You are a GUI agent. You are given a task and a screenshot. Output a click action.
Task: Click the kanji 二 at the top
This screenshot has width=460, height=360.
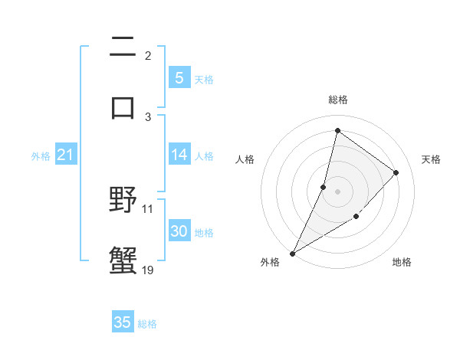pyautogui.click(x=123, y=48)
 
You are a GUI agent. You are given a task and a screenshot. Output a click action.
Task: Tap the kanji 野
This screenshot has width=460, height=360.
pyautogui.click(x=123, y=201)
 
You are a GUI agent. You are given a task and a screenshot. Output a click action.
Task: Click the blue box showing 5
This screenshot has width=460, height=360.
pyautogui.click(x=179, y=78)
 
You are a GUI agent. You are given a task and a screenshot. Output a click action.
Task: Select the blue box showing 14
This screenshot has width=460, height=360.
pyautogui.click(x=179, y=155)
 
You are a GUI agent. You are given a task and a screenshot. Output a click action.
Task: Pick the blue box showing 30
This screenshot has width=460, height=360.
pyautogui.click(x=179, y=231)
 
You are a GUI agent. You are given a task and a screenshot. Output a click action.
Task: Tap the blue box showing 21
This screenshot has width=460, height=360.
pyautogui.click(x=65, y=155)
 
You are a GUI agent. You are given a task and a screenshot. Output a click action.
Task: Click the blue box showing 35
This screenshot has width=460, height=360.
pyautogui.click(x=123, y=322)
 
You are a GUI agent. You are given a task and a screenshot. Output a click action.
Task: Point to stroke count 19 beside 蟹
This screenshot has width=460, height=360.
pyautogui.click(x=148, y=270)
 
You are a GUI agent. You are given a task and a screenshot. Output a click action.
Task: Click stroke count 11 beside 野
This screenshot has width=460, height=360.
pyautogui.click(x=148, y=208)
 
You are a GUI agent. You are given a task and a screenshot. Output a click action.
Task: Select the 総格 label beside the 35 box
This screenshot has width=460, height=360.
pyautogui.click(x=147, y=324)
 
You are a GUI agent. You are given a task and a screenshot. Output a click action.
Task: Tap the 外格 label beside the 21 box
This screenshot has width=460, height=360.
pyautogui.click(x=41, y=156)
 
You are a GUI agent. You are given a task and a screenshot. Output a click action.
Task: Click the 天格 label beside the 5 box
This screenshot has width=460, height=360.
pyautogui.click(x=204, y=80)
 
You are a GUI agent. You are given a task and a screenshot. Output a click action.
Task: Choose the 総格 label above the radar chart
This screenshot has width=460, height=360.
pyautogui.click(x=338, y=100)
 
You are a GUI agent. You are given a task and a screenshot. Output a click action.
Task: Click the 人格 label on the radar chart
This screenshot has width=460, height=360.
pyautogui.click(x=245, y=159)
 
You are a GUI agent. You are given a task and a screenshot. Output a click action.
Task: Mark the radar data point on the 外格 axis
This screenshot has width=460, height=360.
pyautogui.click(x=293, y=253)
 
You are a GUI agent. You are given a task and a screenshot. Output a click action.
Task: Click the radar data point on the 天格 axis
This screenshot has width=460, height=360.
pyautogui.click(x=396, y=172)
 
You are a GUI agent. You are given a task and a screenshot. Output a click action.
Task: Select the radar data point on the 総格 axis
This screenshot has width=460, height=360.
pyautogui.click(x=337, y=131)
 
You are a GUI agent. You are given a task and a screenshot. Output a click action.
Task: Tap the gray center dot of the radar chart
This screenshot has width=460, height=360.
pyautogui.click(x=337, y=191)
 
